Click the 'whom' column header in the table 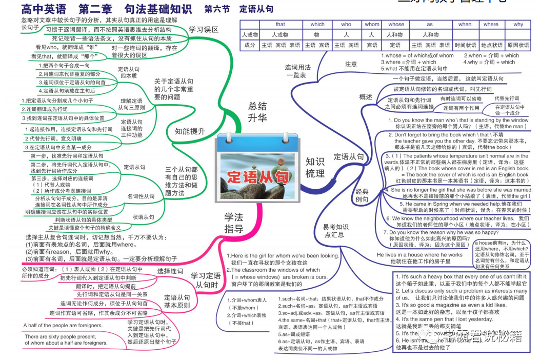(372, 24)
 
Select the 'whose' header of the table (396, 24)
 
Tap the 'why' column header (518, 24)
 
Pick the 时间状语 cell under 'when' (465, 45)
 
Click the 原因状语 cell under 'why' (518, 45)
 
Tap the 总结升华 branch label (257, 112)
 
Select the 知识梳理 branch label (315, 167)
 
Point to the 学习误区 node (204, 30)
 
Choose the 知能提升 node (190, 131)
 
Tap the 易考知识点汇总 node (336, 230)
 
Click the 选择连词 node (170, 271)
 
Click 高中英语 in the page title (44, 9)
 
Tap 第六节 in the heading (215, 9)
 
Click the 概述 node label (366, 97)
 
